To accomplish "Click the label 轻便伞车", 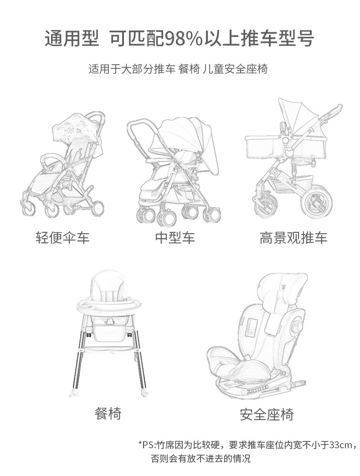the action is coord(63,237).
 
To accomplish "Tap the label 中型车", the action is coord(175,237).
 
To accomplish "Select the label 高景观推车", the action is coord(293,237).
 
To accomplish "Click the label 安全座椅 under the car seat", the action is coord(267,415).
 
